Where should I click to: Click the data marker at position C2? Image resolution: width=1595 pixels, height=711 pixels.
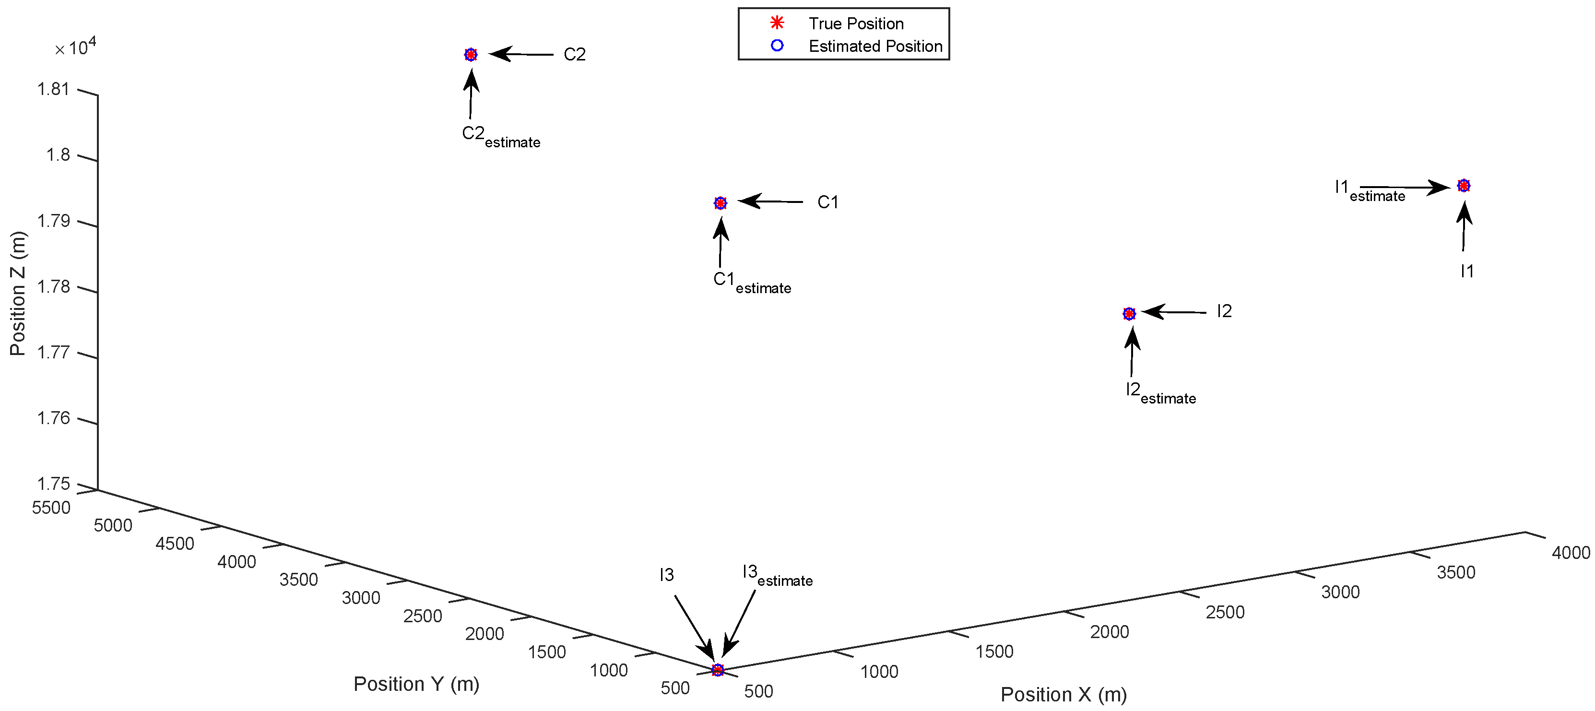coord(471,55)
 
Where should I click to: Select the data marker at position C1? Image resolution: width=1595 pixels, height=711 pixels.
coord(720,202)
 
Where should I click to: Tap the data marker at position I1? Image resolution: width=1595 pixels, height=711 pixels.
coord(1463,185)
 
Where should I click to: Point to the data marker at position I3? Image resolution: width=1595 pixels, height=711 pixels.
coord(718,670)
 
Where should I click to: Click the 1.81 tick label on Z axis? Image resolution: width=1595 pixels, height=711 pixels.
coord(53,89)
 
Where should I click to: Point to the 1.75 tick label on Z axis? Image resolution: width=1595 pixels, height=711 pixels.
coord(53,484)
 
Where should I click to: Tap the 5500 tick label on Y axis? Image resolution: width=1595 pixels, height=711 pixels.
coord(51,508)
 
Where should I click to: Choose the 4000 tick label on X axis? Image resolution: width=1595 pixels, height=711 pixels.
coord(1570,553)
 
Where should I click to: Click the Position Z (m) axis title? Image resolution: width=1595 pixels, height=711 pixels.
coord(17,293)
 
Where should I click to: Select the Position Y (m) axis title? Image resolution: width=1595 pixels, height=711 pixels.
coord(416,684)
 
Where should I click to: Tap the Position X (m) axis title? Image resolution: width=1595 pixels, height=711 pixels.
coord(1063,694)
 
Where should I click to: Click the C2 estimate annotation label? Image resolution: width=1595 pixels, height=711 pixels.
coord(500,136)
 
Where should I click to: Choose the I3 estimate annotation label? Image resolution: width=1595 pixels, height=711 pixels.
coord(777,575)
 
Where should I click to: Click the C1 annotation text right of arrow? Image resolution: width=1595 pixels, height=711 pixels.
coord(827,202)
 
